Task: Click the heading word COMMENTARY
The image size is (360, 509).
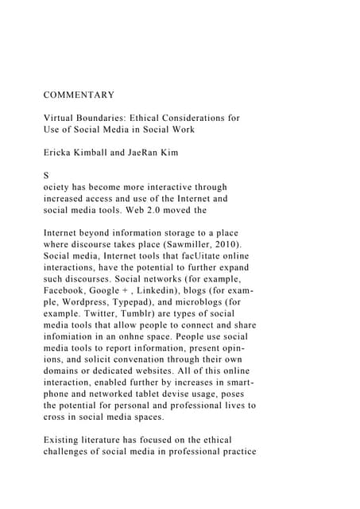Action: [79, 95]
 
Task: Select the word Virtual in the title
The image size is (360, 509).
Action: [61, 118]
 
